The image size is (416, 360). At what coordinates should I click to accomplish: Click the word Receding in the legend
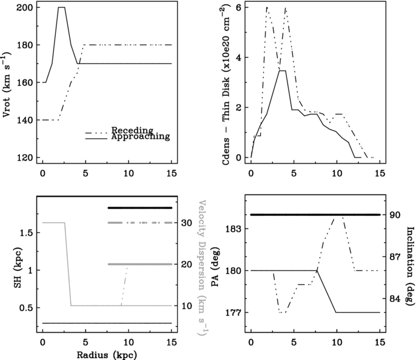[132, 130]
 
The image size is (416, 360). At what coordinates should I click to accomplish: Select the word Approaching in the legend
[141, 137]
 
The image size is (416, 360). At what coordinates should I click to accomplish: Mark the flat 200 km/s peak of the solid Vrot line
[62, 7]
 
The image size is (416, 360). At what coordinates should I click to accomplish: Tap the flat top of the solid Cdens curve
[283, 70]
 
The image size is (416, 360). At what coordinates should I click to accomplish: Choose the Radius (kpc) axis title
[107, 355]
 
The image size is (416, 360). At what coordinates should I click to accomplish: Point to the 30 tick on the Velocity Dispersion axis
[187, 222]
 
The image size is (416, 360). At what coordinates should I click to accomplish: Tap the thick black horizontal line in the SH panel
[140, 208]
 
